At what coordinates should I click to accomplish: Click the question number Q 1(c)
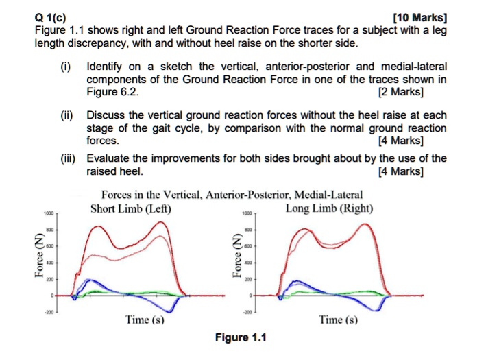click(x=51, y=19)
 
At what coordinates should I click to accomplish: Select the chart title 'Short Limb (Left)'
click(x=131, y=208)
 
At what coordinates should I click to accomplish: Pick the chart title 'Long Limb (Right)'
click(x=329, y=208)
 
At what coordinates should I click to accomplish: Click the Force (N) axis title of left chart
click(x=31, y=255)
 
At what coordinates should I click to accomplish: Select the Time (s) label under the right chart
click(x=338, y=320)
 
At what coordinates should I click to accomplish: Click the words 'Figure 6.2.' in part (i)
click(x=112, y=92)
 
